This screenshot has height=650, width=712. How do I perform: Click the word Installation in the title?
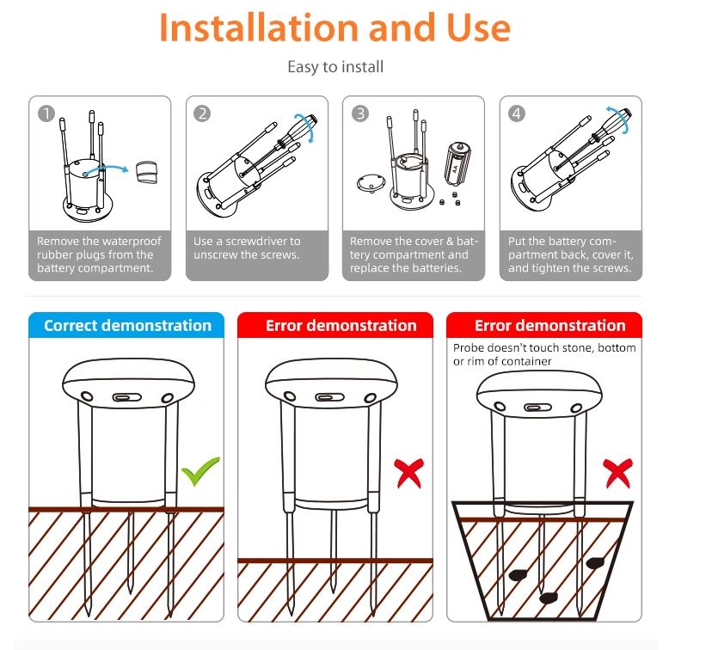point(258,28)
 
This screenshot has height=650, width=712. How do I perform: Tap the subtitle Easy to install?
point(335,66)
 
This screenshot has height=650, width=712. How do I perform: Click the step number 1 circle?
point(46,113)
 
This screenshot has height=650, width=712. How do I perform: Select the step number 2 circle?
point(202,113)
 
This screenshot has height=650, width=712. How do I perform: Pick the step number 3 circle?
point(360,113)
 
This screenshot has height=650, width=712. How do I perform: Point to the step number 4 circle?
point(517,113)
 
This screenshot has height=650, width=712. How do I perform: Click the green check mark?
point(200,471)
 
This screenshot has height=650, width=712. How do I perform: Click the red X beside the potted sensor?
point(617,473)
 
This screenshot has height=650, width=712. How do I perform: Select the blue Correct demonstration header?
point(127,326)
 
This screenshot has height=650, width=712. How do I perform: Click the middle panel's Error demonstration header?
point(341,326)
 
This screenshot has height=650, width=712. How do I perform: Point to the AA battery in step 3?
point(455,163)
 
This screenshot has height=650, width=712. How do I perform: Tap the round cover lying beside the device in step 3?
point(371,182)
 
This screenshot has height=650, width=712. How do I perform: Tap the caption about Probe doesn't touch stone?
point(543,354)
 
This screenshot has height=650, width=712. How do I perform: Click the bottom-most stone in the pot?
point(547,597)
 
